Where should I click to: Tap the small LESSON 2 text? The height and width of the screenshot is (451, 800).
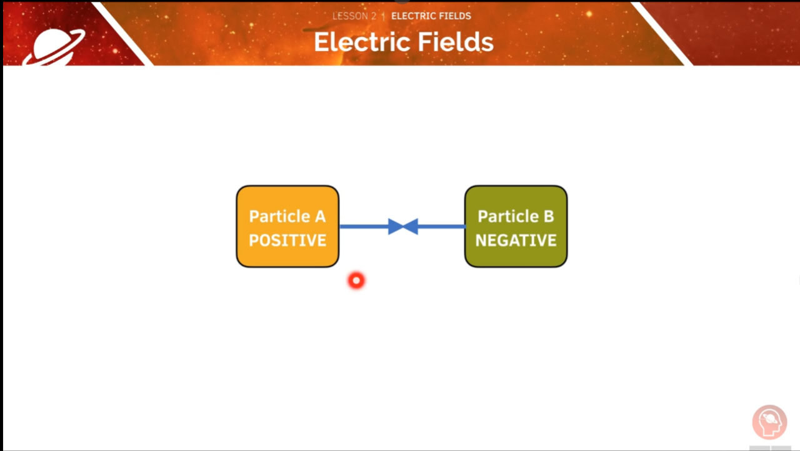click(x=354, y=16)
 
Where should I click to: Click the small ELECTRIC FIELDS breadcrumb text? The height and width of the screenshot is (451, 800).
click(x=431, y=16)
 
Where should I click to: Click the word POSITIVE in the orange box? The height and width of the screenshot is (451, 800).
click(x=287, y=240)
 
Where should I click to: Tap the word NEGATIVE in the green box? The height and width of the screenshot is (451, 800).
click(x=516, y=240)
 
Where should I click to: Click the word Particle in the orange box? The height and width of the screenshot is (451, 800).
click(x=279, y=217)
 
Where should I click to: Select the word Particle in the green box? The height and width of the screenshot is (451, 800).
click(x=507, y=217)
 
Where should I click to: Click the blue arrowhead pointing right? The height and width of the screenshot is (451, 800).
click(x=396, y=227)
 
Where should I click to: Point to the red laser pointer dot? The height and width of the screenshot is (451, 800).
click(x=356, y=281)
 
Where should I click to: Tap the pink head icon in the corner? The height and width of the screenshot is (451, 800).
click(x=769, y=422)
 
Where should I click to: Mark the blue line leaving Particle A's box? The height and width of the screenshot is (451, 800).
click(x=362, y=227)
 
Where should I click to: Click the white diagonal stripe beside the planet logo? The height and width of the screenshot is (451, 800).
click(x=122, y=32)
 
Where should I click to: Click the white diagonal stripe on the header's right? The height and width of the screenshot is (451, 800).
click(x=661, y=32)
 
